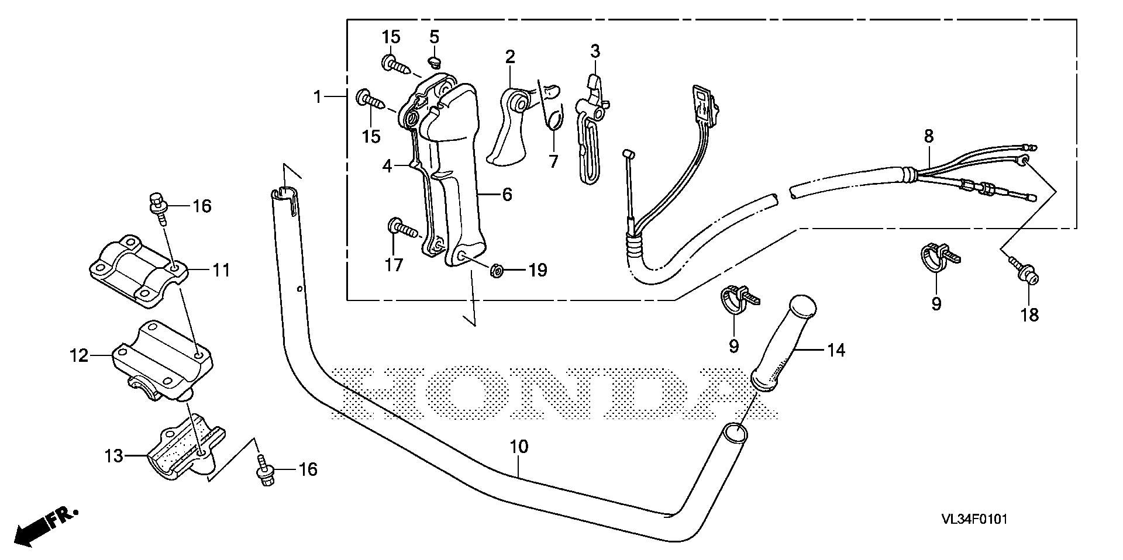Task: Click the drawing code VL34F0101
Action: click(x=974, y=519)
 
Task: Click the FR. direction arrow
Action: click(x=46, y=527)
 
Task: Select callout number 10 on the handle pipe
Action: click(x=519, y=447)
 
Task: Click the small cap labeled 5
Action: click(x=434, y=60)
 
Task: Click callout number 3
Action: click(x=595, y=51)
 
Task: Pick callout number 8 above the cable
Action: click(x=929, y=136)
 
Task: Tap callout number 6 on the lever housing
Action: click(x=507, y=194)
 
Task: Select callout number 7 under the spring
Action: click(x=553, y=161)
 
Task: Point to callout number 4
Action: click(x=387, y=166)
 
